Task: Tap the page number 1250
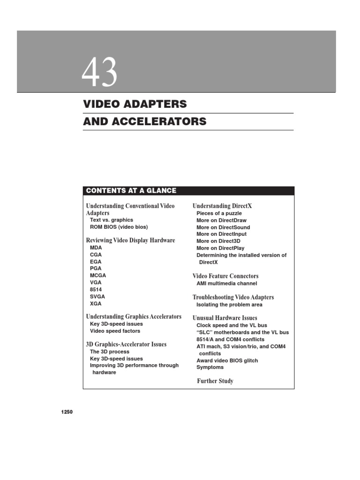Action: click(x=67, y=412)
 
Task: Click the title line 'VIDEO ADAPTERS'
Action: click(x=135, y=104)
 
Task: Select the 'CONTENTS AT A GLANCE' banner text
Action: click(x=131, y=191)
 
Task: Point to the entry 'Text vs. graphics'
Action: click(x=112, y=220)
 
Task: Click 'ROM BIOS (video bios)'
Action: click(x=119, y=227)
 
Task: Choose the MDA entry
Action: click(x=96, y=247)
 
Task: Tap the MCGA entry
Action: click(x=98, y=276)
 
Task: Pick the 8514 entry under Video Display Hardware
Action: click(x=96, y=290)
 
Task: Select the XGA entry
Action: click(x=96, y=304)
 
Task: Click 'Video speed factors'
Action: click(x=115, y=331)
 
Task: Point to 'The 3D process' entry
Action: click(x=110, y=352)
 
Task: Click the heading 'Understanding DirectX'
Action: click(x=222, y=206)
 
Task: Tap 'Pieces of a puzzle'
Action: click(x=219, y=213)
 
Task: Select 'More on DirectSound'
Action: click(x=223, y=227)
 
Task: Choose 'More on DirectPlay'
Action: click(x=220, y=248)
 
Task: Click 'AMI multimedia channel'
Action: click(x=227, y=284)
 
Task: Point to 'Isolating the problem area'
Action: click(x=229, y=305)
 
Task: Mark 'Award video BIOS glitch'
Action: click(x=227, y=360)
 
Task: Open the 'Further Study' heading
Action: click(x=215, y=381)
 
